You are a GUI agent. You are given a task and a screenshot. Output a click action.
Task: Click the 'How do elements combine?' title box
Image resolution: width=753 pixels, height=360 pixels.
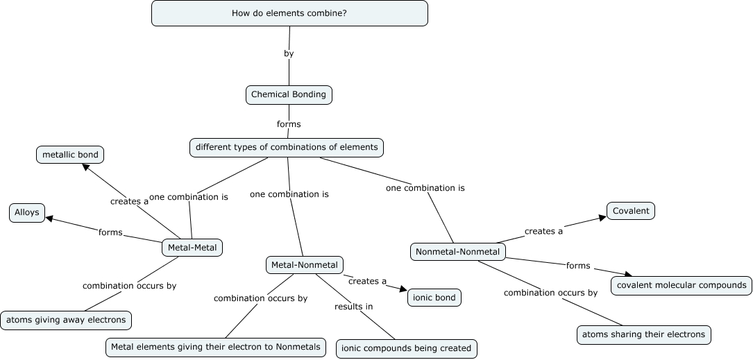[x=289, y=13]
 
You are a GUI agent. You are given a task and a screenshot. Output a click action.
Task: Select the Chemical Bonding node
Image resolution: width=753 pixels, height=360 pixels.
[x=289, y=95]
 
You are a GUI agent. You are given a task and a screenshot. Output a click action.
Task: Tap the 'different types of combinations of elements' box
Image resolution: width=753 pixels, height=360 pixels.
[x=287, y=147]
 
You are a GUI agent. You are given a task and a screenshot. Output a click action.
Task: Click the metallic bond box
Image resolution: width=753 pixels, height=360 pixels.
[x=70, y=155]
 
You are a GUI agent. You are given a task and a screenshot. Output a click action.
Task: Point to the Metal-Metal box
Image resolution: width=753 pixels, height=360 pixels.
[x=192, y=248]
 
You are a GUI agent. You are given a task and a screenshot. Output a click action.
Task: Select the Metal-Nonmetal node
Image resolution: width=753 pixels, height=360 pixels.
[x=305, y=265]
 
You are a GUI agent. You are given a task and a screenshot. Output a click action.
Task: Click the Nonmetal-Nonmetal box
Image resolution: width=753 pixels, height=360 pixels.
[x=458, y=251]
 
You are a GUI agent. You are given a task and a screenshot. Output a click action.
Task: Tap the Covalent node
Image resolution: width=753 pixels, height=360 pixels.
[x=631, y=211]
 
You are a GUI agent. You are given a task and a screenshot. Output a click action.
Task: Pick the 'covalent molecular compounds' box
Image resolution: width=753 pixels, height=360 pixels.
[x=682, y=285]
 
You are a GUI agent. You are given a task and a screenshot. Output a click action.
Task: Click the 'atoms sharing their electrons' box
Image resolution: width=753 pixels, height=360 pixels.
[x=644, y=334]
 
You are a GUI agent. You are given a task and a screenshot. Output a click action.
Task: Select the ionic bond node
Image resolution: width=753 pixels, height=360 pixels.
[x=434, y=298]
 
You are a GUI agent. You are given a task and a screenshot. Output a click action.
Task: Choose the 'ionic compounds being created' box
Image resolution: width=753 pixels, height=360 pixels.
[x=407, y=348]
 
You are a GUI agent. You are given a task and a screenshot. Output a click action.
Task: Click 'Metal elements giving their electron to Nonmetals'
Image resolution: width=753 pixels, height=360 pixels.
[x=216, y=347]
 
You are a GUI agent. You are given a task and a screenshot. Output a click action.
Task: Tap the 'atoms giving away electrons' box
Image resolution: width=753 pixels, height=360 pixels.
[x=67, y=320]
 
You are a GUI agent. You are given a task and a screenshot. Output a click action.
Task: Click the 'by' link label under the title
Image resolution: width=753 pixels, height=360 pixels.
[x=289, y=53]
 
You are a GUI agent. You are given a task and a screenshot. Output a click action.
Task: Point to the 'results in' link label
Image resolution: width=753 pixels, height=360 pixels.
[x=353, y=307]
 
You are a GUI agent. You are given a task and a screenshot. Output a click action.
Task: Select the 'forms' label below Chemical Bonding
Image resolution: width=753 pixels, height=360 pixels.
[x=289, y=124]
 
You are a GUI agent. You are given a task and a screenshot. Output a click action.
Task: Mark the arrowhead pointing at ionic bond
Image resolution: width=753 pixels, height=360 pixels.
[x=402, y=288]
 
